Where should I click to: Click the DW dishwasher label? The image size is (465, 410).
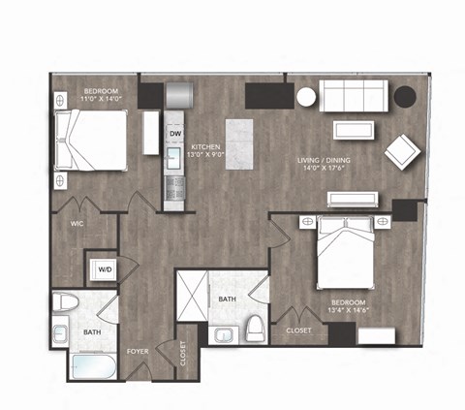click(176, 133)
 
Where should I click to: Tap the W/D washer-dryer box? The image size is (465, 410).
click(101, 268)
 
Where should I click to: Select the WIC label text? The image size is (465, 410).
click(77, 222)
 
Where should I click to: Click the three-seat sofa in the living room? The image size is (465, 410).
click(353, 95)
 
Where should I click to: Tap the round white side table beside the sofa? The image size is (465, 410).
click(306, 97)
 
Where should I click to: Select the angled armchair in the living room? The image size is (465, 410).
click(401, 150)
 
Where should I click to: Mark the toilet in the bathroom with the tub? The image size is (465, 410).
click(64, 301)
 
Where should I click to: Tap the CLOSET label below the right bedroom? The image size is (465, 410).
click(299, 331)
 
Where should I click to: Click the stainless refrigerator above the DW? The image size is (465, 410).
click(181, 95)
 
